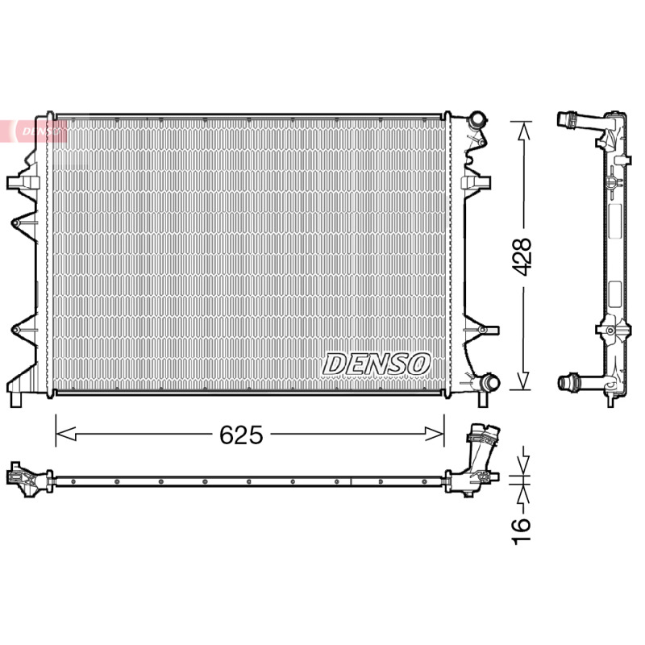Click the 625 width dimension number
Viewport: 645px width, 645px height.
[241, 435]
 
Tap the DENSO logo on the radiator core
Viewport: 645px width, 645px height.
[376, 364]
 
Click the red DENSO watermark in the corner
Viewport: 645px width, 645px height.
[34, 131]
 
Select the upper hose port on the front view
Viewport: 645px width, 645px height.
[478, 119]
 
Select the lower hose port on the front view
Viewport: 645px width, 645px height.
[489, 382]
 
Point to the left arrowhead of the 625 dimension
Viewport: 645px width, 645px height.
[66, 434]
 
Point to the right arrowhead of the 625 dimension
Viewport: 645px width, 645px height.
[435, 434]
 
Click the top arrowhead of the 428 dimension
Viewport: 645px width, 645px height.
[522, 131]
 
